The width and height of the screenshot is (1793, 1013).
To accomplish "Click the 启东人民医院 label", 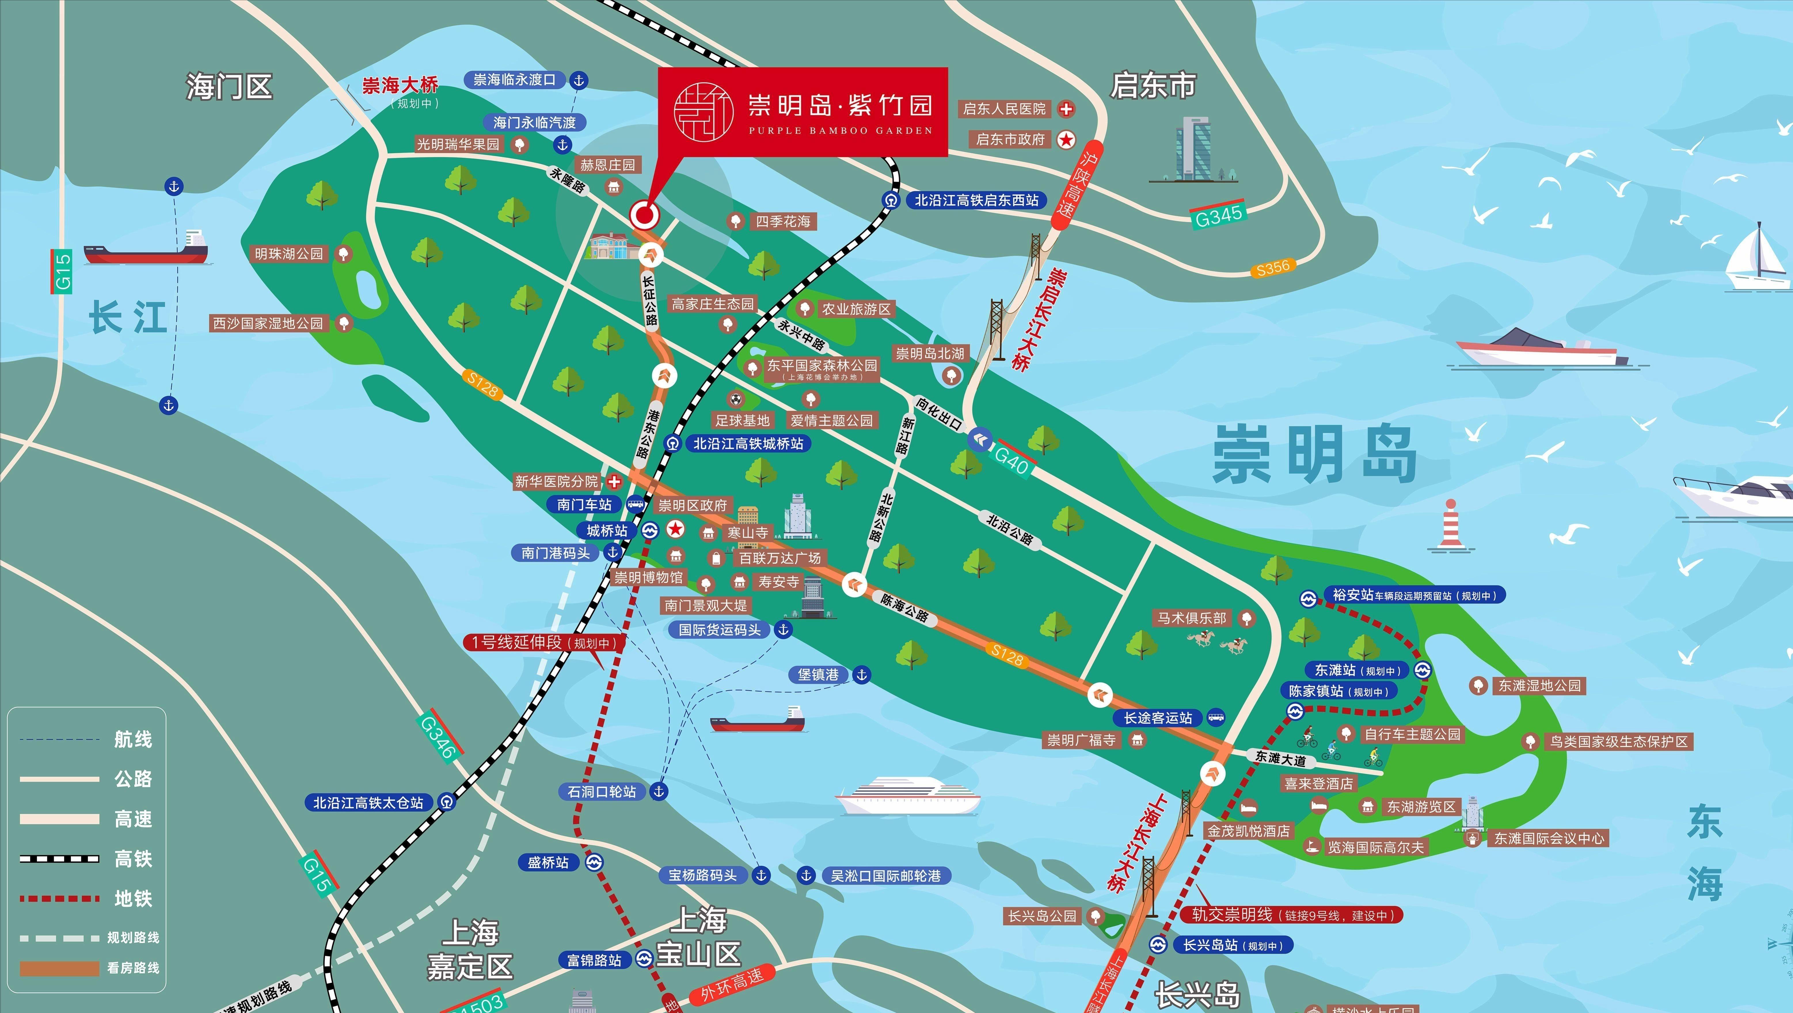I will (x=1004, y=109).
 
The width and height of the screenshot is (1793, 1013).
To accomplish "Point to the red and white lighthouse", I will (x=1450, y=525).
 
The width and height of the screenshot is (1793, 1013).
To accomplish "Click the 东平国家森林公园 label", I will (x=822, y=365).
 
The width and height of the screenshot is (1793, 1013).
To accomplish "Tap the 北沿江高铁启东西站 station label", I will (x=976, y=200).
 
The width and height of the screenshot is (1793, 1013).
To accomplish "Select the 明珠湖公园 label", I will (x=289, y=254).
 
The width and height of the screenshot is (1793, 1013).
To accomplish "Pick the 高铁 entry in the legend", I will (x=132, y=858).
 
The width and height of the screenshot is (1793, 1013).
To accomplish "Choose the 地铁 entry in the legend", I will (x=132, y=898).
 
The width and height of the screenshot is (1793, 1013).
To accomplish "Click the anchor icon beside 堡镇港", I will (x=862, y=674).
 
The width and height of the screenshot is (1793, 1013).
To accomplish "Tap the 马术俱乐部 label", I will (x=1192, y=618).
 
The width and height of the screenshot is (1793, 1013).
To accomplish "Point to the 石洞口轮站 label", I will (x=601, y=792).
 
